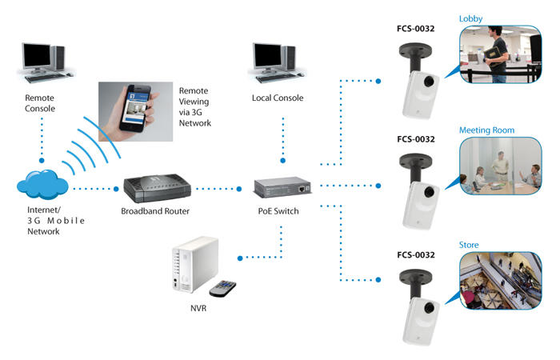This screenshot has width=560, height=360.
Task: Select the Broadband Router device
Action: tap(157, 189)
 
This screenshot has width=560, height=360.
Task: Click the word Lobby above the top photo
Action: tap(471, 18)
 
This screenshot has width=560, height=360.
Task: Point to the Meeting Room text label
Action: tap(486, 130)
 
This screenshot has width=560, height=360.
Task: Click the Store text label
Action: tap(469, 243)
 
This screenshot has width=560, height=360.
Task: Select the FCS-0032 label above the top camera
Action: tap(415, 28)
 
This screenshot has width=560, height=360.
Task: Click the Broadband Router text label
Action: tap(157, 212)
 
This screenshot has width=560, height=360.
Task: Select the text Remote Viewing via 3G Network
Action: tap(195, 107)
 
